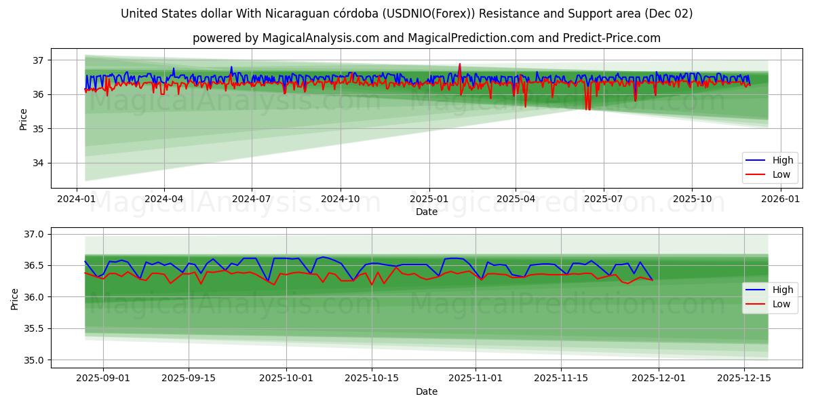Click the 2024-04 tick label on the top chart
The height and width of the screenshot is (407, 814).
tap(163, 199)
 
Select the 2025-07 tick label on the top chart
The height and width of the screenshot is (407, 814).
tap(603, 199)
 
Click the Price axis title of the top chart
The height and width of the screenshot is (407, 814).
tap(23, 119)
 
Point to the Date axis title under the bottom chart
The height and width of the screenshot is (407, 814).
tap(426, 391)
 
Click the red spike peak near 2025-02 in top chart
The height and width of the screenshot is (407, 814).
tap(460, 64)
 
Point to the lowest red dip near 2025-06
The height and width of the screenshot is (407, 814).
tap(587, 109)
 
